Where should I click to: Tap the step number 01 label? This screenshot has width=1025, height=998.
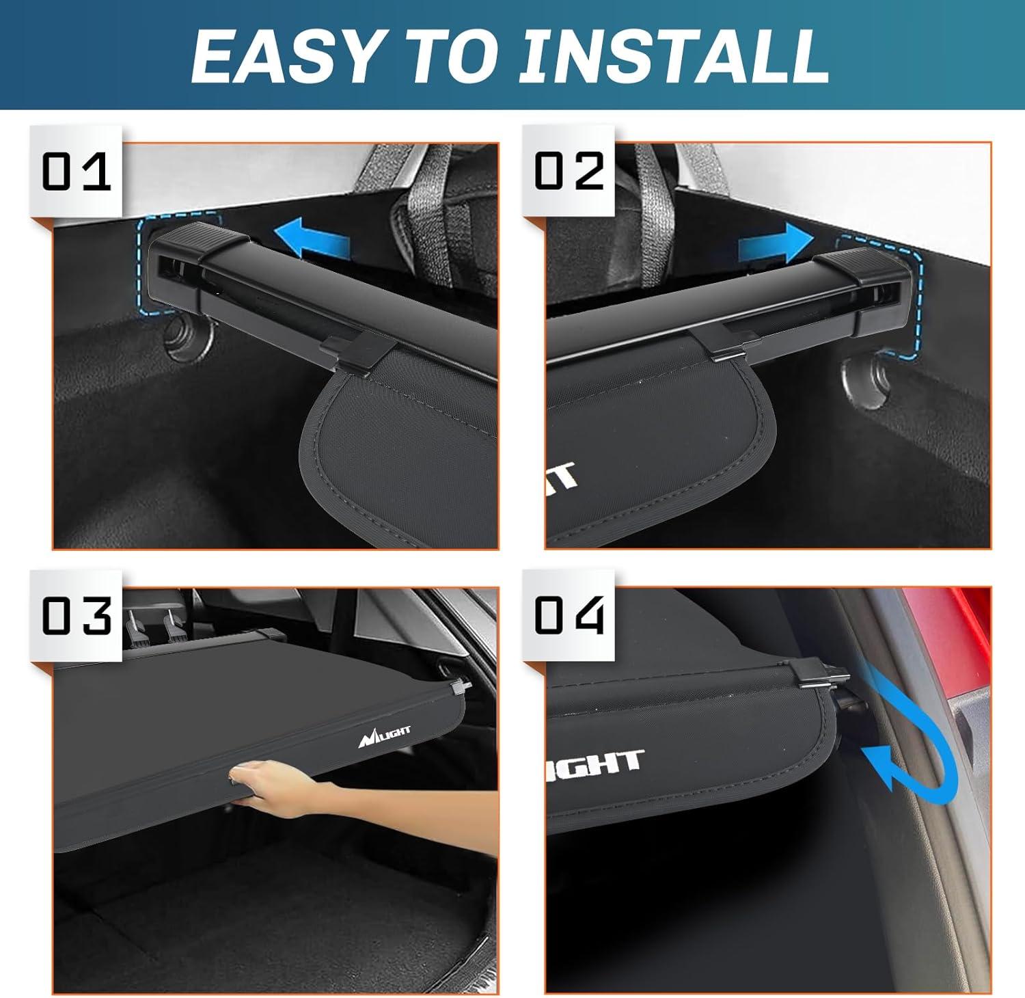(x=76, y=172)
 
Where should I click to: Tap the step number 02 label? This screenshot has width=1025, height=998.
(x=569, y=171)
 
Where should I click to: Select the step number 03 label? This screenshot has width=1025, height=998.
(x=76, y=615)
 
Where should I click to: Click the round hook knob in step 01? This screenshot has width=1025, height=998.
(x=186, y=338)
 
